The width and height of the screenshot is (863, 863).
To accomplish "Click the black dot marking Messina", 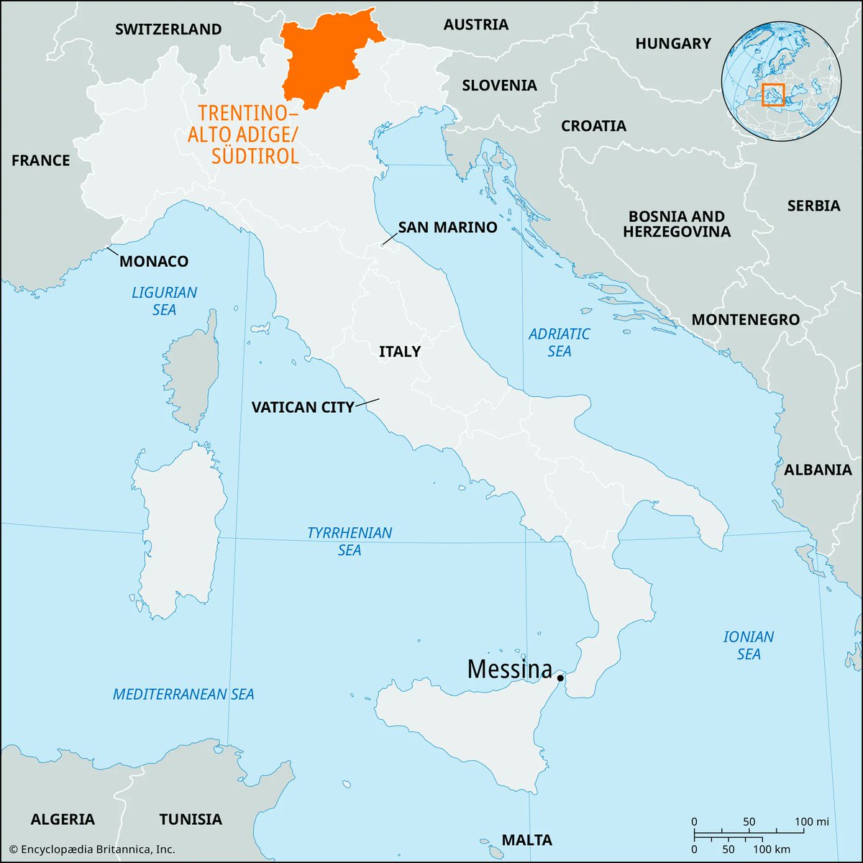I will point(560,677).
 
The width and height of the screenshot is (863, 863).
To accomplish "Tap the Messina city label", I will point(509,670).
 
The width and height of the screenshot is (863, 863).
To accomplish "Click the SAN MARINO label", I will point(447,227).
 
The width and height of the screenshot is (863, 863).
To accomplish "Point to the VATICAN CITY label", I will point(302,407).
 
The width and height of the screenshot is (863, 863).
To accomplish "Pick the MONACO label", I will point(154,261).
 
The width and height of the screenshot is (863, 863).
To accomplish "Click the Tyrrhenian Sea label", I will point(350,542).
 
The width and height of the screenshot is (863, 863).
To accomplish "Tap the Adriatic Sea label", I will point(559,342).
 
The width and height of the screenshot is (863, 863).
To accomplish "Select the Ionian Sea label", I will point(749,645).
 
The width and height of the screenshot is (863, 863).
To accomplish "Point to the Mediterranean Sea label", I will point(183,695).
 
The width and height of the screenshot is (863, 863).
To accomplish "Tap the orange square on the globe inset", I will point(773,94).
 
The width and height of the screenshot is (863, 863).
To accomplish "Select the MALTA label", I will point(527,839).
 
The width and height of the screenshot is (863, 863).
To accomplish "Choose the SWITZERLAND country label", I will point(168,29).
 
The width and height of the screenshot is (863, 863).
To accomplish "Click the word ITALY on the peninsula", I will point(400,352).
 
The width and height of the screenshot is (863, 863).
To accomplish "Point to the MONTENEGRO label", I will point(745,319).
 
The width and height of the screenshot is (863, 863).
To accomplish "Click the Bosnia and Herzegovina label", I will point(677,224).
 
